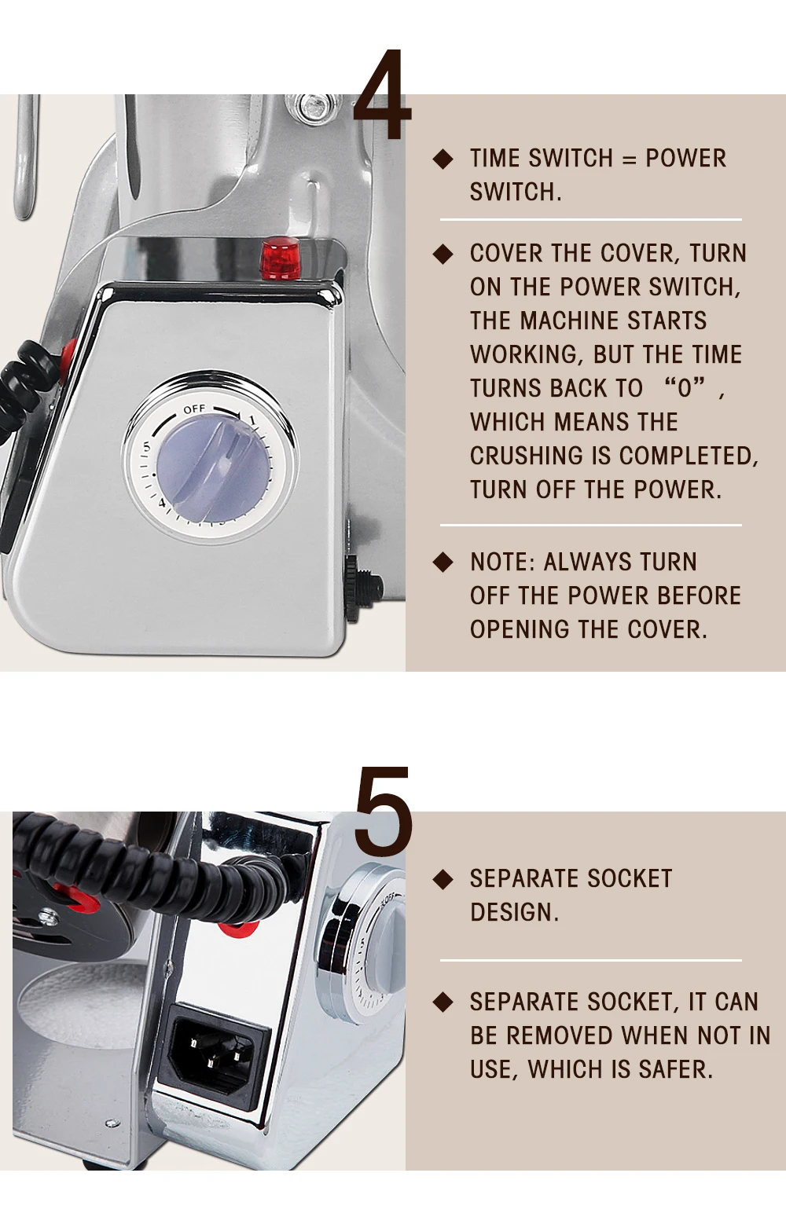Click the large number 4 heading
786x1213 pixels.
(383, 96)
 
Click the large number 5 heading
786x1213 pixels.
(383, 812)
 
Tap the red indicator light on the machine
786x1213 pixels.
(281, 258)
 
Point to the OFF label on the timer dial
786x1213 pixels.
(194, 409)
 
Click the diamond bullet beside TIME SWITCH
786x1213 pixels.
(443, 159)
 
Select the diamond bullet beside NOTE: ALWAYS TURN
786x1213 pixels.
(443, 562)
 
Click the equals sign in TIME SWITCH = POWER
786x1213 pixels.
(629, 159)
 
